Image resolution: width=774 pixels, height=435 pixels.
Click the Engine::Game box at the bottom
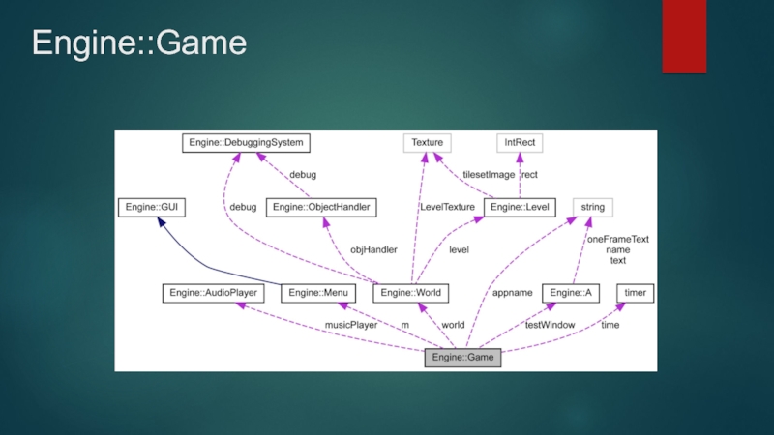click(462, 358)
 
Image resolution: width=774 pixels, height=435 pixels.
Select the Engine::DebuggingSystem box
click(246, 143)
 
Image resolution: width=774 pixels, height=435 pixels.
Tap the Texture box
click(427, 143)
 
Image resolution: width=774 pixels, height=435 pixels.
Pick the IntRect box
click(520, 143)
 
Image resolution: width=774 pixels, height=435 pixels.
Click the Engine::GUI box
click(152, 207)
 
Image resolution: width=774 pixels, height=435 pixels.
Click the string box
click(593, 207)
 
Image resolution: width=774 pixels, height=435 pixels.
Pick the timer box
click(635, 293)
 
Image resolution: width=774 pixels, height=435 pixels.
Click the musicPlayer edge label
click(351, 326)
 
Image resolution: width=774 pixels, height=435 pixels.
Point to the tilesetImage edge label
click(489, 175)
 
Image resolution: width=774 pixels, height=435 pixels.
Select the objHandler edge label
click(373, 249)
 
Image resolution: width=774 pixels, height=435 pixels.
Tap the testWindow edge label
click(550, 326)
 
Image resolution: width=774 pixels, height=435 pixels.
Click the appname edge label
click(512, 293)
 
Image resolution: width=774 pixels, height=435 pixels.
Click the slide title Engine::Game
click(139, 43)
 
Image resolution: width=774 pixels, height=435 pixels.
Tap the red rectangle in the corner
click(684, 36)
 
